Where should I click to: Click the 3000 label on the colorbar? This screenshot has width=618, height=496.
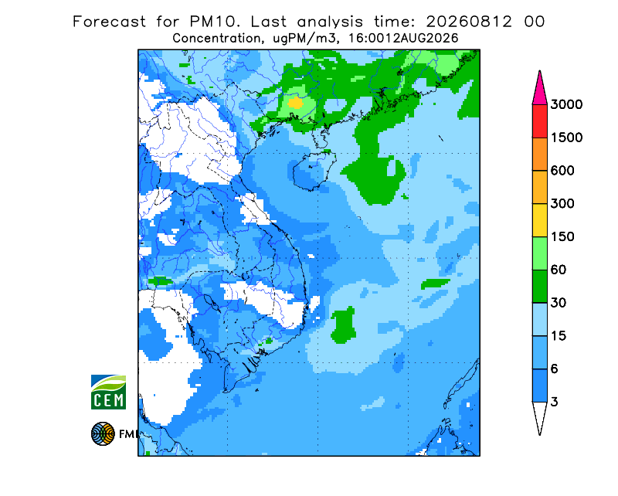click(566, 104)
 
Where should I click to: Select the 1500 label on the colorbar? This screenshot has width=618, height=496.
click(566, 138)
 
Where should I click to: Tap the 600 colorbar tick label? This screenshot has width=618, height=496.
click(562, 171)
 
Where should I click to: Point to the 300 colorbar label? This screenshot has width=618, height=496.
click(562, 204)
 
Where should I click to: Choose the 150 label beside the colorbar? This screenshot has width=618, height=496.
click(562, 237)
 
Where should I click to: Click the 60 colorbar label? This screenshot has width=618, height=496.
click(559, 270)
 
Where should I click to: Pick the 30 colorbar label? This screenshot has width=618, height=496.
click(559, 303)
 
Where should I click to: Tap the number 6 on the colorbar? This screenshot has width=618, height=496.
click(555, 369)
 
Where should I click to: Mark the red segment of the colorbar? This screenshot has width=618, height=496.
click(539, 121)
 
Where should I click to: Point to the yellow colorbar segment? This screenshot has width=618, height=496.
click(539, 220)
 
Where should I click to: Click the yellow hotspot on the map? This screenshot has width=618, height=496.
click(295, 104)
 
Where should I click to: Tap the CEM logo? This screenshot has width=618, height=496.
click(108, 392)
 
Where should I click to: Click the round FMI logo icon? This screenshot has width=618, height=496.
click(103, 433)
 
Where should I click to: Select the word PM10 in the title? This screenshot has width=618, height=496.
click(214, 22)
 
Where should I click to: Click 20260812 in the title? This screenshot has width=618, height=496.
click(469, 22)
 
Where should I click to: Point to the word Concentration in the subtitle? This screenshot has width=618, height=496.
click(216, 39)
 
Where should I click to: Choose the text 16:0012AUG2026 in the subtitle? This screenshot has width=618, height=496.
click(402, 39)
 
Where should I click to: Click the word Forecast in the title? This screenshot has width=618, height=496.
click(109, 22)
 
